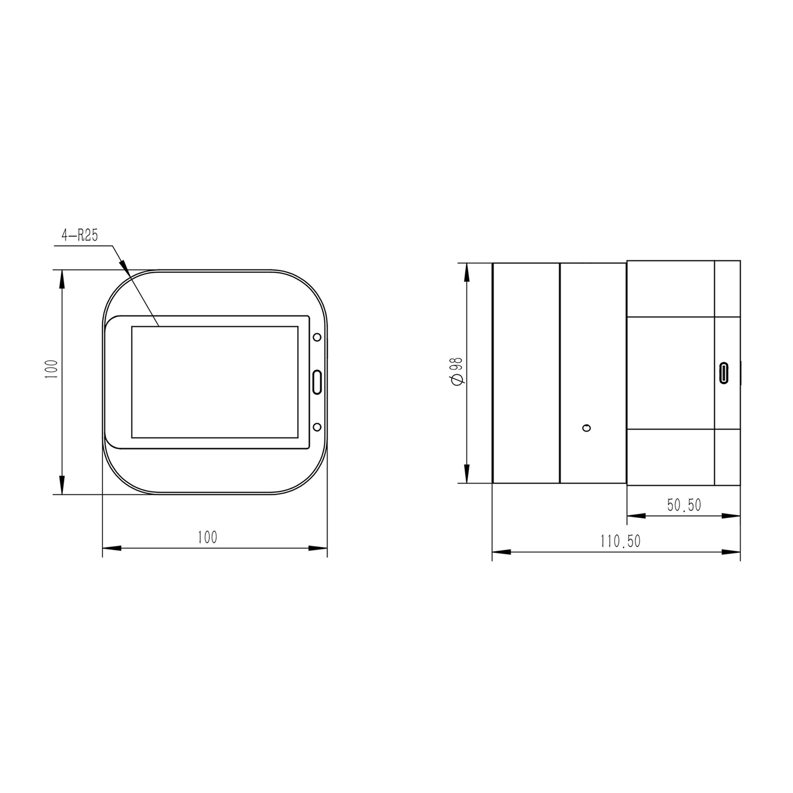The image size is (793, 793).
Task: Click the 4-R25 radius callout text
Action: pos(80,236)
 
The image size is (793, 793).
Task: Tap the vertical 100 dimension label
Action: pos(52,369)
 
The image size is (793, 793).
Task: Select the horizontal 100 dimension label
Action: pos(208,537)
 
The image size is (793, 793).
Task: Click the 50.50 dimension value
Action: pos(684,505)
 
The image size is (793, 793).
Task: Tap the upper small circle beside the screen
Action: pos(317,337)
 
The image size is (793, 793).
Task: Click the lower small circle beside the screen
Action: pos(317,427)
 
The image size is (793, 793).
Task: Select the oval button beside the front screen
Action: pos(317,382)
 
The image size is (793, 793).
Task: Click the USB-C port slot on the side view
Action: pos(724,373)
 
